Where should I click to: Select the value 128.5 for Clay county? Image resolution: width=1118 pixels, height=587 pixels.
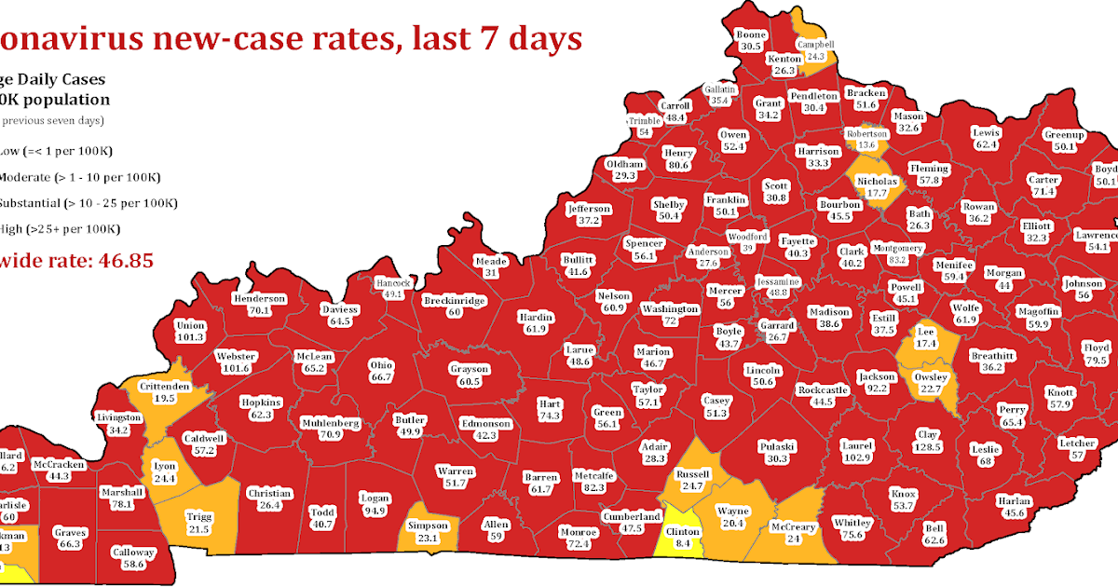(927, 447)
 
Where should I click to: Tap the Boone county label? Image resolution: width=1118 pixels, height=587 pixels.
(751, 34)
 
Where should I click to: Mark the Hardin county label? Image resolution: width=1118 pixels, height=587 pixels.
(535, 317)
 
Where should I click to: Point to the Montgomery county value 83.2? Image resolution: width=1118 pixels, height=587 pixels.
(898, 260)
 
